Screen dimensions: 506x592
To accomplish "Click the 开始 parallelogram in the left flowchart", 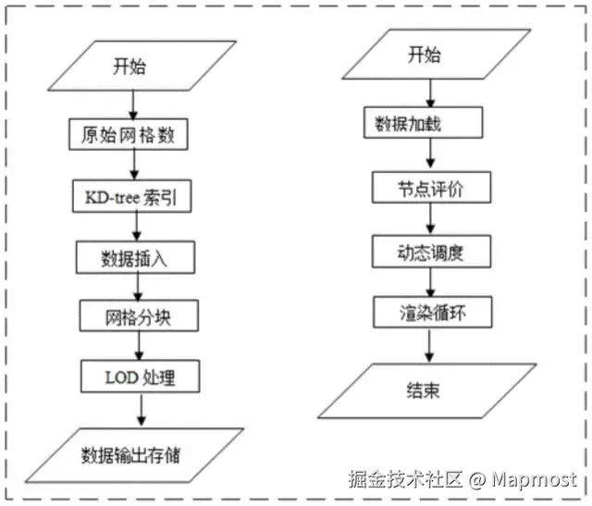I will click(x=129, y=66).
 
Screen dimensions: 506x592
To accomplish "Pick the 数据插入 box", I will click(x=136, y=257).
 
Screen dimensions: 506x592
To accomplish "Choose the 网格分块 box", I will click(x=139, y=317).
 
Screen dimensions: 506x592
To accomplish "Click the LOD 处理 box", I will click(x=140, y=376).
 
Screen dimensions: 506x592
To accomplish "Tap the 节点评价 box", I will click(x=429, y=189).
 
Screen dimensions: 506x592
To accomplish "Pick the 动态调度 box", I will click(x=429, y=251).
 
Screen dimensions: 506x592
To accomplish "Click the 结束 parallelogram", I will click(x=424, y=389).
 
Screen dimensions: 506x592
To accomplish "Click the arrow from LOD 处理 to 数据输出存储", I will click(x=141, y=409).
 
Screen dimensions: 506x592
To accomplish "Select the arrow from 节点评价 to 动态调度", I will click(x=429, y=219).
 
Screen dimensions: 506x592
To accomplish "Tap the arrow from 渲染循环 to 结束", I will click(x=428, y=345).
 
